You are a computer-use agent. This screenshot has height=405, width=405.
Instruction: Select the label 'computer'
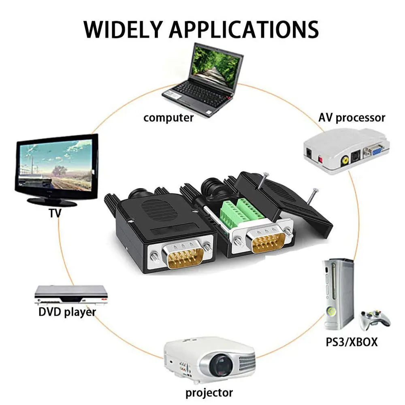pos(168,118)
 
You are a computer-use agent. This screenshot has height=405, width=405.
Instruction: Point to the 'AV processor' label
pos(352,117)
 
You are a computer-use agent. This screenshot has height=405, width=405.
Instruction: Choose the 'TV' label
pos(55,213)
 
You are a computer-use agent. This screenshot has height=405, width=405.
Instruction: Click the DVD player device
pos(71,295)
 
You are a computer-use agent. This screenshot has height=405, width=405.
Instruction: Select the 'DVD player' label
pos(67,312)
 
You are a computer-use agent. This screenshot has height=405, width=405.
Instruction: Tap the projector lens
pos(220,366)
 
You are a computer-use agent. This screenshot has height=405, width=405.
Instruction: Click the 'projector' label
pos(209,393)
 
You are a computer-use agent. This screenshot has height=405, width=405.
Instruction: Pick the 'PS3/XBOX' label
pos(352,342)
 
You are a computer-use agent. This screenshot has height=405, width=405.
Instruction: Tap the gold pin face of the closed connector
pos(185,257)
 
